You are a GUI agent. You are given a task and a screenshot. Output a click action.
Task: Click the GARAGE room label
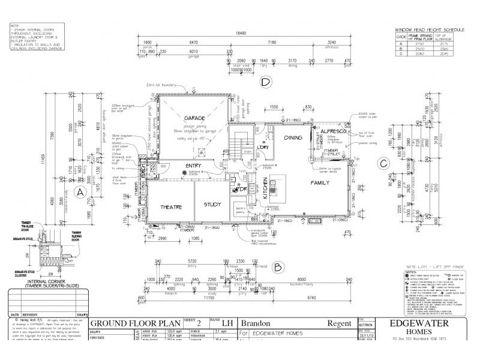(x=196, y=118)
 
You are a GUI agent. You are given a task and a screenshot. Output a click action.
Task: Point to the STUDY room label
(x=212, y=205)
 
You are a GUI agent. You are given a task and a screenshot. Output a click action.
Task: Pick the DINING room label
(x=293, y=137)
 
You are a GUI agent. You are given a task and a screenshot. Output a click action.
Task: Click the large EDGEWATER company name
(x=420, y=322)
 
